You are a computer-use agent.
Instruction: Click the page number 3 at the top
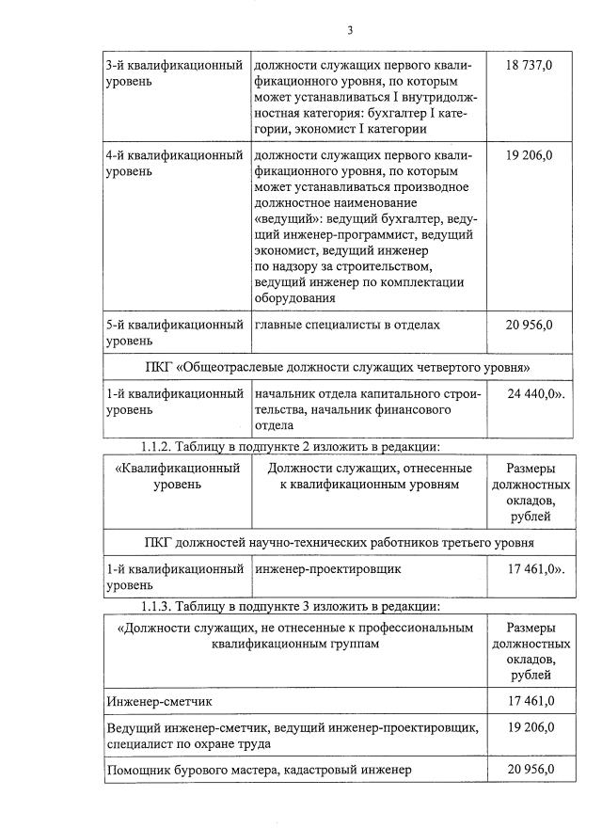click(x=349, y=30)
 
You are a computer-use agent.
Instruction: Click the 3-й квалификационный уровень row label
click(x=174, y=72)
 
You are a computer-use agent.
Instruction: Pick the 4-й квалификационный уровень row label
click(x=174, y=163)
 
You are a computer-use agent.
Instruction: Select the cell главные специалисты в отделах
click(x=346, y=326)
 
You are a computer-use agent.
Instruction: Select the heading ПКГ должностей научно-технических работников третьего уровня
click(x=341, y=543)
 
